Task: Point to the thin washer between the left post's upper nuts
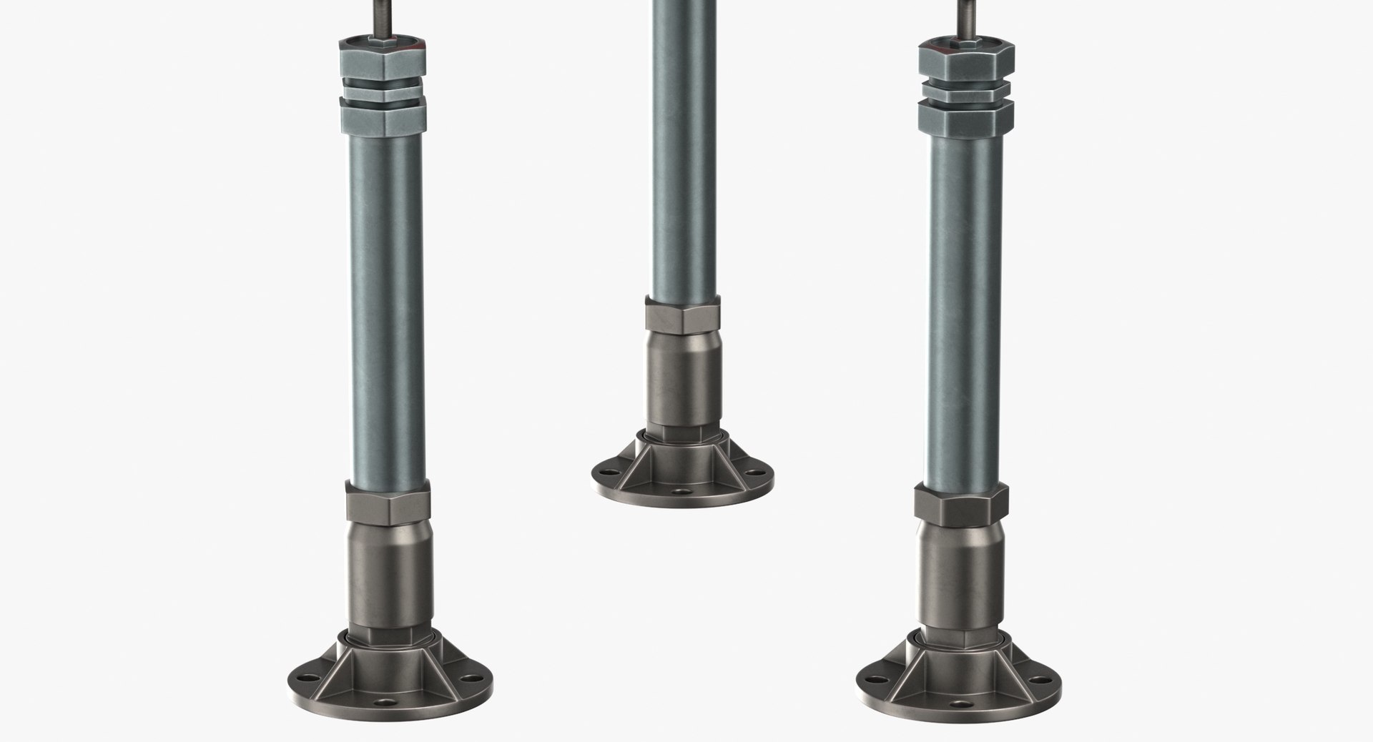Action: click(383, 91)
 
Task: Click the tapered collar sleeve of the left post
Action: click(389, 565)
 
